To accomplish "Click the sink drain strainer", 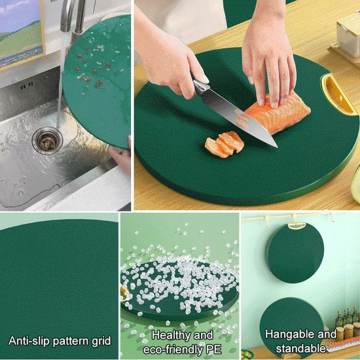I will (x=46, y=139).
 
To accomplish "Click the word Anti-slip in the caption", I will (x=27, y=341).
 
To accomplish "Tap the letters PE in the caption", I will (x=213, y=350).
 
